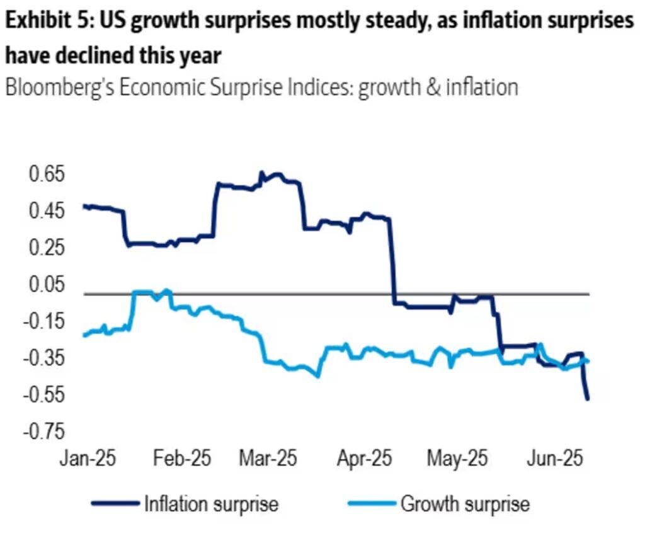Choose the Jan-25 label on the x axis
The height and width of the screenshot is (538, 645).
pyautogui.click(x=88, y=458)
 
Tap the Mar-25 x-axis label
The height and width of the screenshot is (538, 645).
pyautogui.click(x=267, y=458)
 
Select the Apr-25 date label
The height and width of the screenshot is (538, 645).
pyautogui.click(x=363, y=458)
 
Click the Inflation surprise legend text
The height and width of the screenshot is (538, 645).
pyautogui.click(x=211, y=504)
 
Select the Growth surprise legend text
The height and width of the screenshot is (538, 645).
pyautogui.click(x=464, y=504)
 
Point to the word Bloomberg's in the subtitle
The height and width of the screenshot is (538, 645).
pyautogui.click(x=59, y=87)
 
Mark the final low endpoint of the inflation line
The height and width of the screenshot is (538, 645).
pyautogui.click(x=588, y=399)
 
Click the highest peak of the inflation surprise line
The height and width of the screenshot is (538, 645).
pyautogui.click(x=261, y=172)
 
